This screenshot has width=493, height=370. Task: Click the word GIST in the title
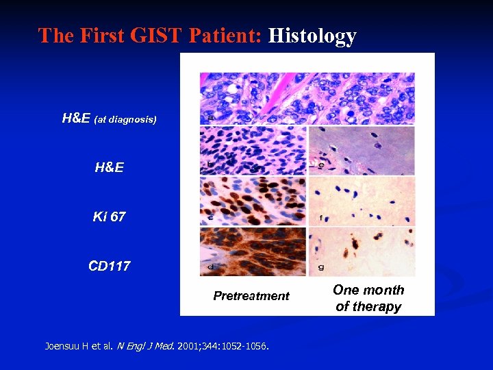(152, 36)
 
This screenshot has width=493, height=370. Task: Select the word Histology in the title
(312, 36)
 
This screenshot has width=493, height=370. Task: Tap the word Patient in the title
(223, 36)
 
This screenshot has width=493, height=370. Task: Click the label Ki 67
(110, 217)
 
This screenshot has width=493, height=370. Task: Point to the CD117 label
(110, 266)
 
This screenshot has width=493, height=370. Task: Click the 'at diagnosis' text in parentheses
(125, 120)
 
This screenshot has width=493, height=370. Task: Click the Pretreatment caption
(251, 296)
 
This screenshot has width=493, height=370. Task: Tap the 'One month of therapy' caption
(368, 298)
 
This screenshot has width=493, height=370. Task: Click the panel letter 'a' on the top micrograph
(210, 118)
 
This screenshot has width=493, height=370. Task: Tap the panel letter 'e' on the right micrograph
(320, 165)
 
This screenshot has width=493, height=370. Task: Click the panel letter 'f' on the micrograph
(320, 218)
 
